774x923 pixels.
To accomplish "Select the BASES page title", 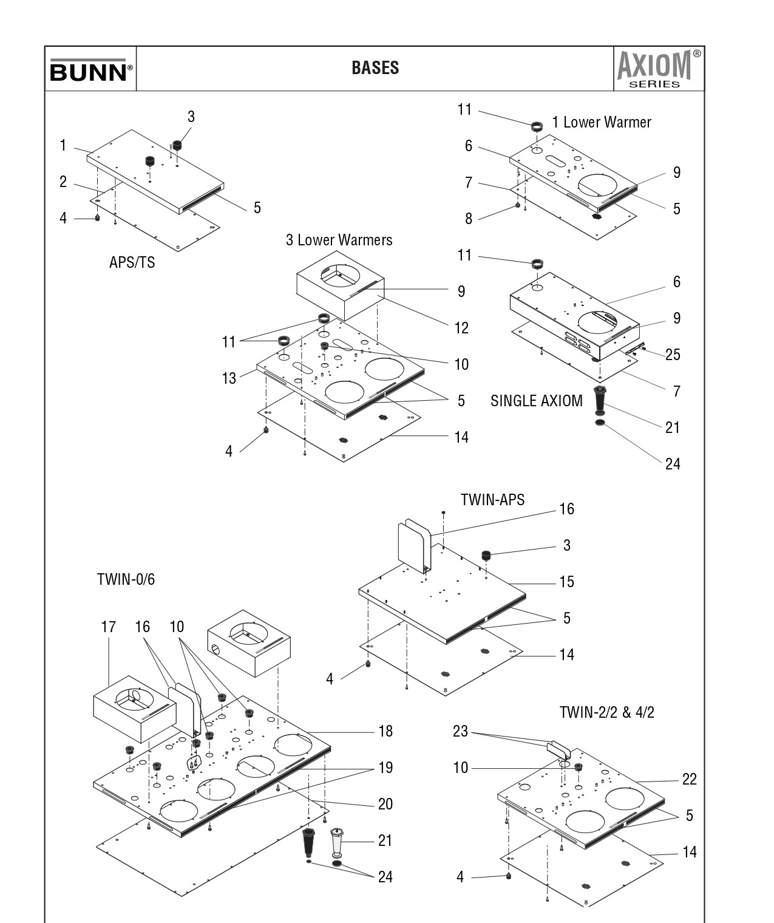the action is [x=375, y=68].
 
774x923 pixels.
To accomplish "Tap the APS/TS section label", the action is [x=132, y=262].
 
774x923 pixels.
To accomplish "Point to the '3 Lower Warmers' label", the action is [x=339, y=240].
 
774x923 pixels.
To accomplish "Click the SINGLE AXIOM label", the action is [x=537, y=401].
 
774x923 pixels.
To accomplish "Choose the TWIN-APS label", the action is [x=492, y=500].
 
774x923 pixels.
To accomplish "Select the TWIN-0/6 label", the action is [x=126, y=579].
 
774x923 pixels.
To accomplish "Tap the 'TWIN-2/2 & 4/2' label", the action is [x=607, y=712].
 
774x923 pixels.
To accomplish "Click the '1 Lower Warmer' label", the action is [x=602, y=123].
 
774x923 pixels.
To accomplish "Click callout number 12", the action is [x=461, y=328].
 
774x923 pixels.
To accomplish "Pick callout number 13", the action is [x=229, y=378].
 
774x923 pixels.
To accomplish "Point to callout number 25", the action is [x=673, y=355].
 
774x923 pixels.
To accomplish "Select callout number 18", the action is [x=385, y=731].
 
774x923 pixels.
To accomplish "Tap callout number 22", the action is [x=690, y=779].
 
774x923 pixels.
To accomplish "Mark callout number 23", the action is [x=460, y=731].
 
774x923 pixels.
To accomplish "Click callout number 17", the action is [x=108, y=627].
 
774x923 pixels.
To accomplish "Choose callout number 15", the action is [x=566, y=582].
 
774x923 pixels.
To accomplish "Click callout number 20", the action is [x=385, y=804].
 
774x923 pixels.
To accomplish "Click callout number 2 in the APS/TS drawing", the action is [x=63, y=182].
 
